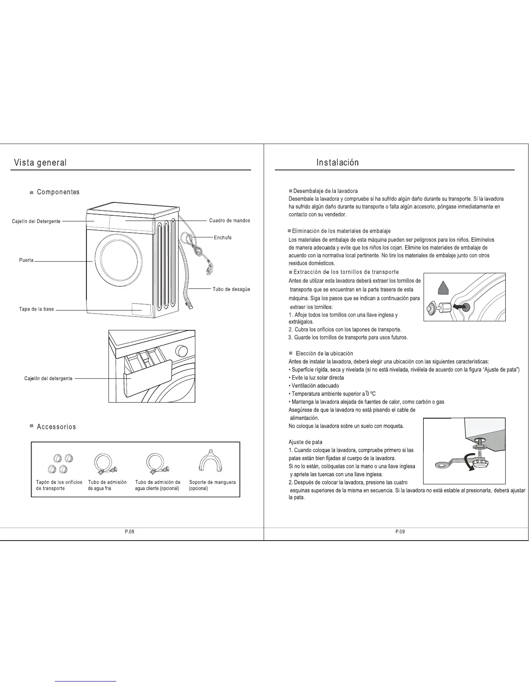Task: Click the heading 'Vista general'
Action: pos(40,163)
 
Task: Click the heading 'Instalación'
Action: pos(338,163)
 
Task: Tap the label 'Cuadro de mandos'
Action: pos(229,221)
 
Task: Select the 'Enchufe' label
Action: pos(223,237)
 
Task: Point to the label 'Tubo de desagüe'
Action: pos(231,289)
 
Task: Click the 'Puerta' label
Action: pos(26,260)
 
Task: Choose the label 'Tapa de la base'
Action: pos(36,309)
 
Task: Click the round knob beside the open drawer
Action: pos(182,350)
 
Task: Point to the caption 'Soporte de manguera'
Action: pos(212,482)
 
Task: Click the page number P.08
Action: pos(129,532)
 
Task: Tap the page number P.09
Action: pos(400,532)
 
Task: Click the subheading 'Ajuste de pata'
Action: pos(306,442)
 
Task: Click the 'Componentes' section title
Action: pos(58,192)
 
